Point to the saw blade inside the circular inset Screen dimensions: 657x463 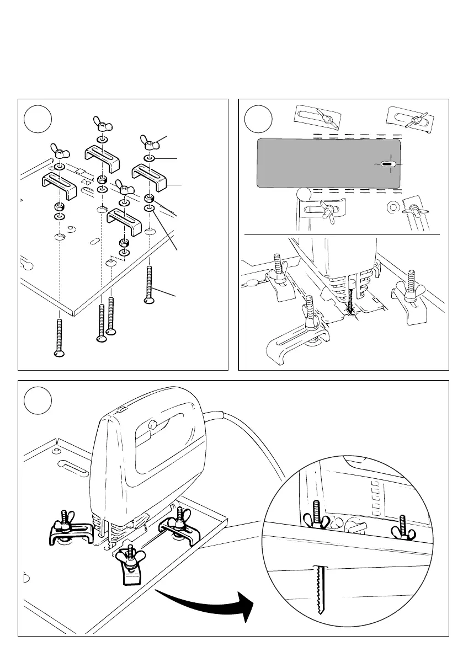tap(318, 590)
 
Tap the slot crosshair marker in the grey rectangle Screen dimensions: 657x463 tap(387, 164)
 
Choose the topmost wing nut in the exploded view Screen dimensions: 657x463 tap(100, 122)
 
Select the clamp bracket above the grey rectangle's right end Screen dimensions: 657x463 tap(409, 117)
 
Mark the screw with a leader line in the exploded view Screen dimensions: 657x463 tap(150, 284)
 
